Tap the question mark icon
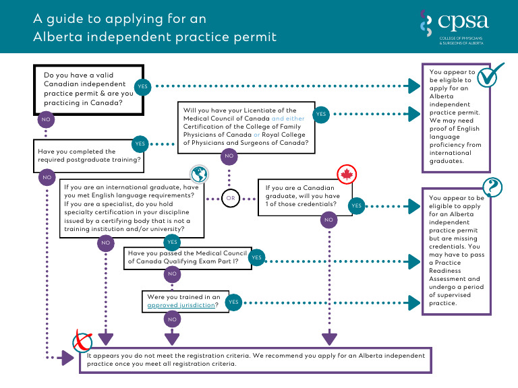(x=493, y=186)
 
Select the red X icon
(x=82, y=344)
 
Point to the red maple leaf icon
(x=346, y=174)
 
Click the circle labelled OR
(x=231, y=198)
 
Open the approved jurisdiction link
(x=181, y=305)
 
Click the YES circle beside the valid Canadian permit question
(x=142, y=87)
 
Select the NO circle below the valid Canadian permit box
(x=47, y=119)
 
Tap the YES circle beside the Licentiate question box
(x=321, y=115)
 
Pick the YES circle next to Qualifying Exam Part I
(x=256, y=257)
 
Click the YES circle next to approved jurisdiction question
(x=233, y=302)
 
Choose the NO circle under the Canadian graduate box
(x=328, y=220)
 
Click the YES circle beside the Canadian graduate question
(x=356, y=205)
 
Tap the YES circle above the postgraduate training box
(x=140, y=143)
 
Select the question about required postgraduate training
(x=90, y=156)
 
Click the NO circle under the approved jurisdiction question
(x=172, y=319)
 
